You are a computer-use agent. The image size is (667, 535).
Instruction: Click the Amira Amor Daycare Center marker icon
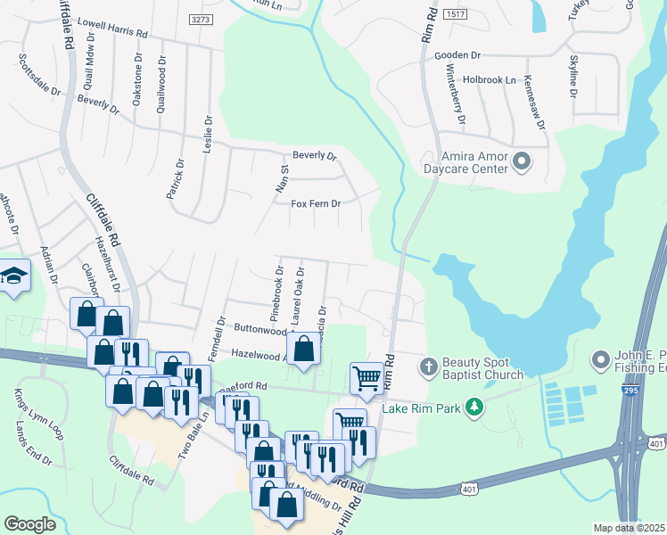(x=522, y=161)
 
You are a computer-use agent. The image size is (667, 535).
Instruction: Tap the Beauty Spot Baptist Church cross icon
(x=429, y=366)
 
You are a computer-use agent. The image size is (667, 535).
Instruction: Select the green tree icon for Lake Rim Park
(x=476, y=407)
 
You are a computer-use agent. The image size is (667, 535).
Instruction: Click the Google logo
(x=30, y=524)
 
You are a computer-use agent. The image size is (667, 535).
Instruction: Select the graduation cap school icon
(x=14, y=276)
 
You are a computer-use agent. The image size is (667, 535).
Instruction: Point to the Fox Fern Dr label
(x=317, y=204)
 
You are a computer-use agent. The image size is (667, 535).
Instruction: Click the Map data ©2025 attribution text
(x=629, y=528)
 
